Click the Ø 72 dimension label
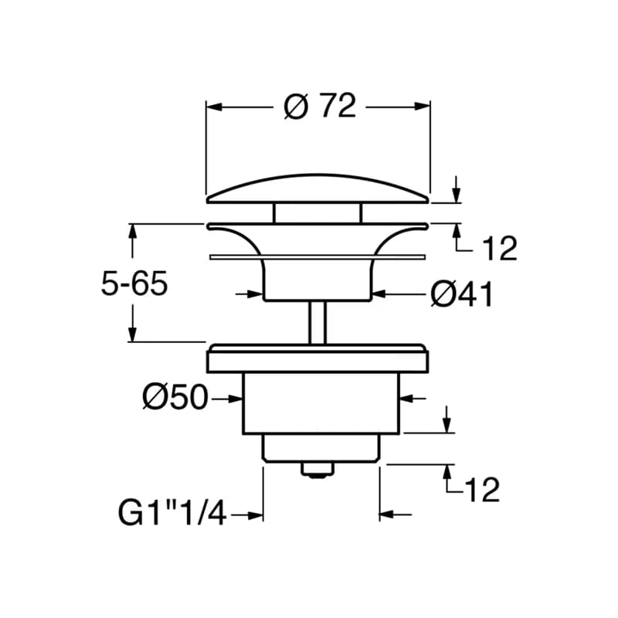[x=320, y=106]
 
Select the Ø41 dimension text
[x=461, y=294]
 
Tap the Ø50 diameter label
[x=175, y=397]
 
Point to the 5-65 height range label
[x=134, y=284]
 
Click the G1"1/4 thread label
[x=172, y=513]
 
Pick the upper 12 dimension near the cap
[x=500, y=248]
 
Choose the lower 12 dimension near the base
[x=482, y=490]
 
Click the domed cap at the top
[x=317, y=189]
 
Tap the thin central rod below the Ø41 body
[x=317, y=322]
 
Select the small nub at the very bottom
[x=317, y=469]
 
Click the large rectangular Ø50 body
[x=321, y=402]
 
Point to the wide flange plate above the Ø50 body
[x=317, y=358]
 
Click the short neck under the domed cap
[x=317, y=213]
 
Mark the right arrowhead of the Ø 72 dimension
[x=422, y=107]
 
